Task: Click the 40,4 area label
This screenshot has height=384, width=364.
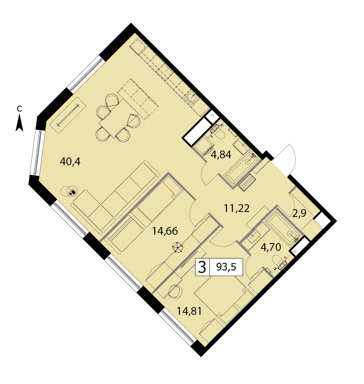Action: click(x=70, y=162)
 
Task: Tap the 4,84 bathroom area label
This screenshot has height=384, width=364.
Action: click(x=221, y=155)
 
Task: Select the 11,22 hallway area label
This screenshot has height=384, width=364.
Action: click(x=237, y=209)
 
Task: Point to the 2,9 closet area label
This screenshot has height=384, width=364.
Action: click(x=299, y=214)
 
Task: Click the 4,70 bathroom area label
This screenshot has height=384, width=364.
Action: click(x=271, y=247)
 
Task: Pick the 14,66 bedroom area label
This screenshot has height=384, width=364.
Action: click(x=165, y=231)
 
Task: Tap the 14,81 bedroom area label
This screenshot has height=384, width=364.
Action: click(x=189, y=311)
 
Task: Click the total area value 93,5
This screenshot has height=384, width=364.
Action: click(x=226, y=267)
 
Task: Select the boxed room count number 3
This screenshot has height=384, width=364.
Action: click(x=202, y=267)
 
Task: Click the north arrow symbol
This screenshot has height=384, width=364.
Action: click(x=19, y=123)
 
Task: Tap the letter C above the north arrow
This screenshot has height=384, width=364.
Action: click(x=19, y=108)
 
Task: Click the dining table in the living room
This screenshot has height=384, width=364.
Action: click(x=116, y=118)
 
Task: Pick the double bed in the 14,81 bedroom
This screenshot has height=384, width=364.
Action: click(x=224, y=300)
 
